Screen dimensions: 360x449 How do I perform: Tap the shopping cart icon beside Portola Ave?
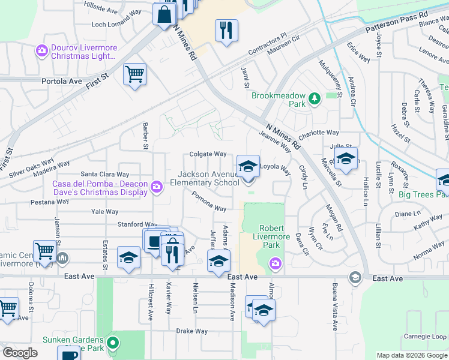134,75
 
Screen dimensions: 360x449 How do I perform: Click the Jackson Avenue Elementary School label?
208,178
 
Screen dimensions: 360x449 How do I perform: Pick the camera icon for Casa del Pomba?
157,188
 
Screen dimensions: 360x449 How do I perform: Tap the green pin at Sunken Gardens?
112,344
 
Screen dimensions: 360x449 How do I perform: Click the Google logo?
20,353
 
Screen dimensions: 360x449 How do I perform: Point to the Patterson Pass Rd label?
397,22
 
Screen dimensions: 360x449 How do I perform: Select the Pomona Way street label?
209,202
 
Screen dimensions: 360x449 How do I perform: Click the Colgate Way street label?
208,154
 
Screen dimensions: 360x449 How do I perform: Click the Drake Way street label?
191,331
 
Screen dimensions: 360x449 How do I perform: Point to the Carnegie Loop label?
424,336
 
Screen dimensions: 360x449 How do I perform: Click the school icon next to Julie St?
345,159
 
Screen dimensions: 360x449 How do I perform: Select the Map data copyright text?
412,355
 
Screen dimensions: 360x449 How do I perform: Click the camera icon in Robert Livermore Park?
276,262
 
